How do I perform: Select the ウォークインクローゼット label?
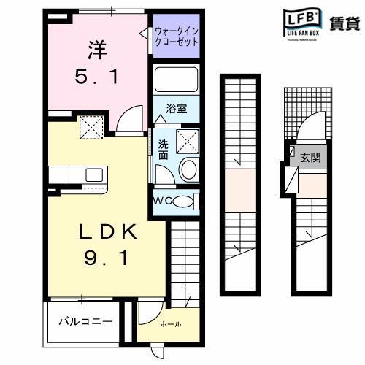tap(177, 36)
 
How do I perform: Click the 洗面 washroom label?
tap(163, 149)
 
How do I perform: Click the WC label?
tap(163, 201)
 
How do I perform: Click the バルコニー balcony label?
tap(85, 322)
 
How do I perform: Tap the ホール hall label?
tap(170, 324)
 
